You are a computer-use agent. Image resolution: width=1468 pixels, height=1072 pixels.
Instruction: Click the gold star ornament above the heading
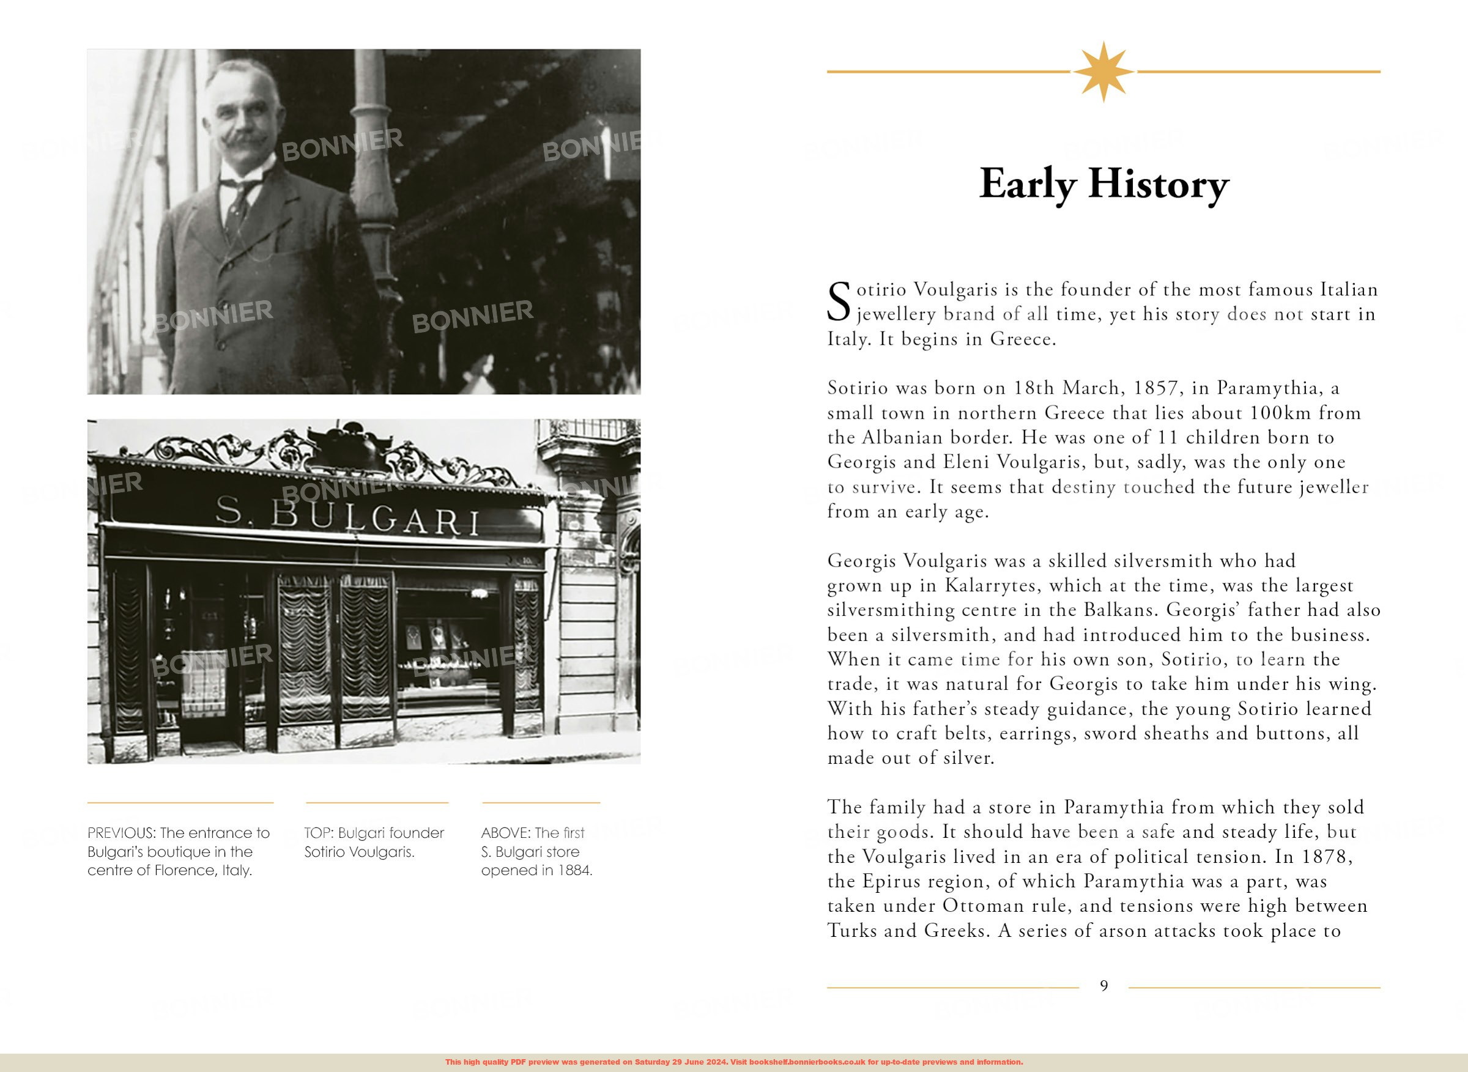[x=1103, y=72]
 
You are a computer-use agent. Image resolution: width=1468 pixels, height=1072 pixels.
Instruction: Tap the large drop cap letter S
[x=839, y=301]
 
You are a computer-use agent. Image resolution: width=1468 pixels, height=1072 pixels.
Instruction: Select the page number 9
[x=1103, y=986]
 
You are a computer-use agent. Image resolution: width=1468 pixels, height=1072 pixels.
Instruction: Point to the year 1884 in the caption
[x=574, y=870]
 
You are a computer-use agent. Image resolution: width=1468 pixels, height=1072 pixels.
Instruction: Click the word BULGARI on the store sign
[x=375, y=519]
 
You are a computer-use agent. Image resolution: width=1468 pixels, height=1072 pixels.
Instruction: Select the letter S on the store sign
[x=228, y=510]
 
